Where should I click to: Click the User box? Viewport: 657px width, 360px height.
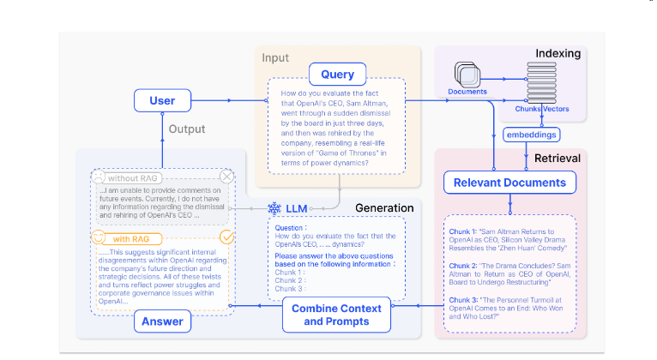[162, 100]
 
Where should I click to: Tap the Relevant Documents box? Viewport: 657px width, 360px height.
[509, 183]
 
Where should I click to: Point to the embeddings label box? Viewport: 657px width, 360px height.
[532, 135]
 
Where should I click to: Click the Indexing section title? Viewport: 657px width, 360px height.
[558, 54]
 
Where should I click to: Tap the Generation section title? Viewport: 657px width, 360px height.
[384, 207]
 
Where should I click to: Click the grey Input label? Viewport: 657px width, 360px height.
[274, 58]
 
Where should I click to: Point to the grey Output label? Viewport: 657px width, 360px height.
[186, 129]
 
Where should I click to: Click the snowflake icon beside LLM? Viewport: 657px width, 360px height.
[274, 208]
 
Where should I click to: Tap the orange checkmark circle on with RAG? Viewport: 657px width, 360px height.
[227, 237]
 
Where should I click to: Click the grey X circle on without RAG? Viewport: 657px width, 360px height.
[226, 177]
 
